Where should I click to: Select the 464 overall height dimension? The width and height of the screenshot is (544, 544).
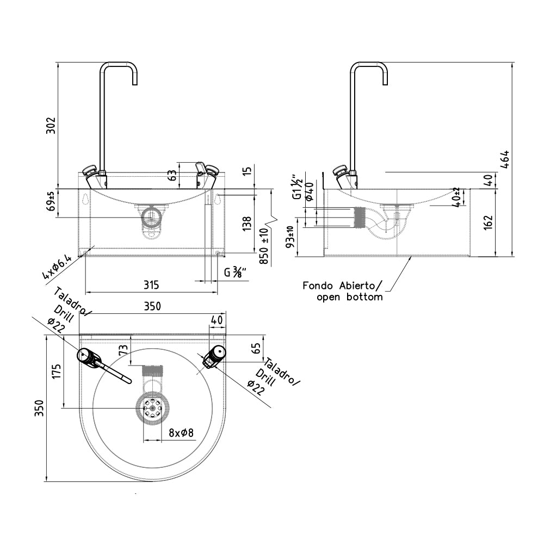click(505, 159)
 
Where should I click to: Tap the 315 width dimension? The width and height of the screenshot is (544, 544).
click(151, 285)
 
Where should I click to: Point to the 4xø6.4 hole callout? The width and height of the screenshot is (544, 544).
click(57, 267)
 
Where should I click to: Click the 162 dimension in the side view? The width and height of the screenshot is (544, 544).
click(488, 222)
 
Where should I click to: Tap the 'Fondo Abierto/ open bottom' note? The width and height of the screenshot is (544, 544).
click(343, 292)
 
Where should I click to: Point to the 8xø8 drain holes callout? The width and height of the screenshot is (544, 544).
click(181, 433)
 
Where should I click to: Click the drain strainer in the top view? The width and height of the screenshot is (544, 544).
click(152, 409)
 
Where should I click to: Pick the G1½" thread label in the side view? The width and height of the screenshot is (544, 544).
click(298, 187)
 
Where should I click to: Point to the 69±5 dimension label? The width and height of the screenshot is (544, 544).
click(51, 201)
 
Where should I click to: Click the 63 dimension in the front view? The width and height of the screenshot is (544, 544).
click(172, 175)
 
